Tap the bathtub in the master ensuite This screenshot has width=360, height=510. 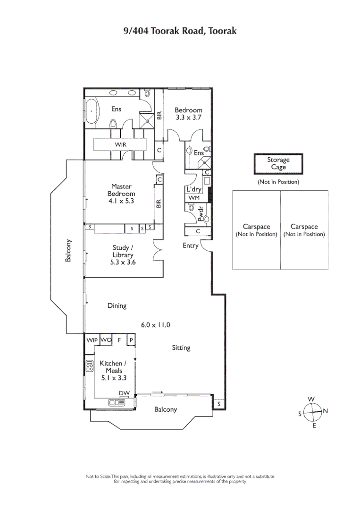pos(91,111)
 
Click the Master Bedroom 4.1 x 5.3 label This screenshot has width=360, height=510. pos(121,194)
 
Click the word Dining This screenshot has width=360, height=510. pos(117,306)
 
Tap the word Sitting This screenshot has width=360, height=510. pos(181,348)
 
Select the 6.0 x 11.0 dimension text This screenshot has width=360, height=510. pos(155,325)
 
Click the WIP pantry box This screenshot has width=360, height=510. pos(92,340)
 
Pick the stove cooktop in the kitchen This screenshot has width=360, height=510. pos(89,366)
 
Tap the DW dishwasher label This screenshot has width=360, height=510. pos(124,393)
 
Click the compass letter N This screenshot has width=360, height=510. pos(325,411)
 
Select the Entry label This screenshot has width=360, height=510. pos(191,246)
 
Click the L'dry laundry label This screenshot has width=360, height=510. pos(194,189)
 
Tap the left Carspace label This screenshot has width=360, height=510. pos(256,230)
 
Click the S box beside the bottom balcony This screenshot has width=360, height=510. pos(219,404)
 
